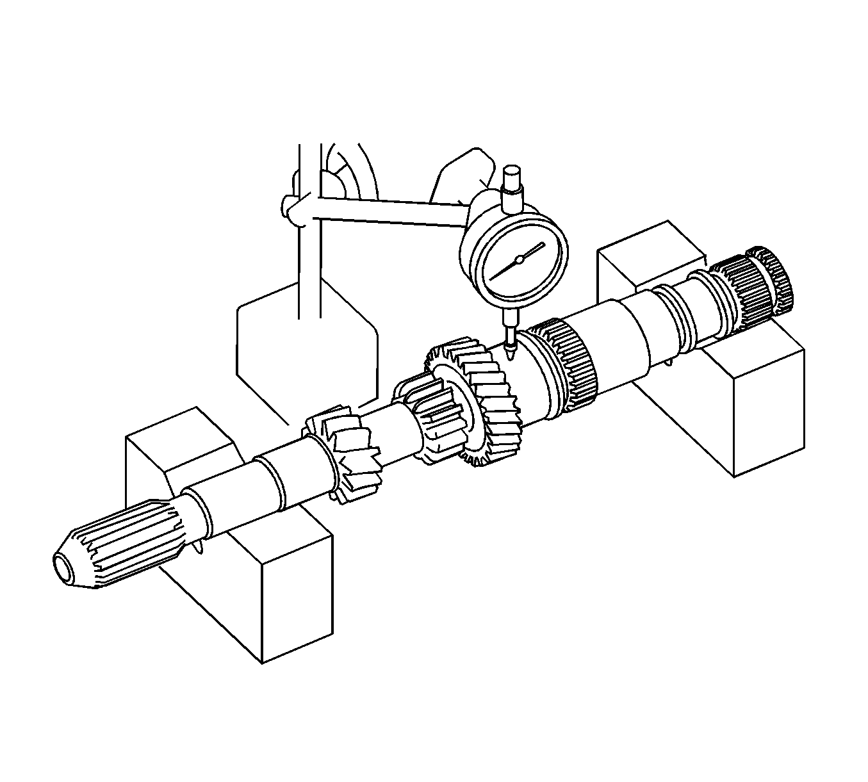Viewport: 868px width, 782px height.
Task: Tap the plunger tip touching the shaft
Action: [x=509, y=352]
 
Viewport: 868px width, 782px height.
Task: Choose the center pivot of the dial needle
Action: [x=519, y=259]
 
